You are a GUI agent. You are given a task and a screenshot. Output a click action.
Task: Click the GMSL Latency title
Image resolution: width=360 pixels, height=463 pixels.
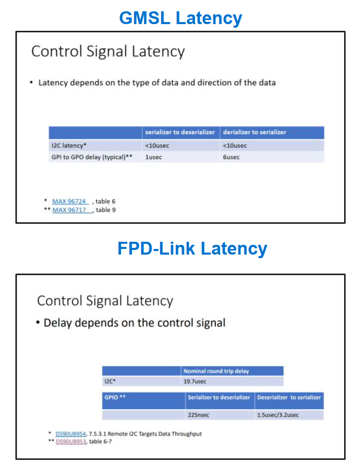click(x=181, y=18)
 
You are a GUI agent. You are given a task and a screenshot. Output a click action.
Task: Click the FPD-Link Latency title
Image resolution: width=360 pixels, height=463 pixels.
click(x=192, y=248)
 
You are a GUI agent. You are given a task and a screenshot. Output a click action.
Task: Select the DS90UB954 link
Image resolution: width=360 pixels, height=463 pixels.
click(x=71, y=434)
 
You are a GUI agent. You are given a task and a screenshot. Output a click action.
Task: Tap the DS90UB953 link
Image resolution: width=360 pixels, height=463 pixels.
click(x=71, y=441)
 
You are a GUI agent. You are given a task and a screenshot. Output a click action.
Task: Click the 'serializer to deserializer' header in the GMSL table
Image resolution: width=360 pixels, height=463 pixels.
click(x=180, y=132)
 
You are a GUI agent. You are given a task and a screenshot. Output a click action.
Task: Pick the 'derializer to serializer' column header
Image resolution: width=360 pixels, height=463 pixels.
click(x=254, y=132)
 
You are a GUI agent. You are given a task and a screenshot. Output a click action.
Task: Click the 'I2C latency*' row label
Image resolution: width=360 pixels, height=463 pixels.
click(x=69, y=145)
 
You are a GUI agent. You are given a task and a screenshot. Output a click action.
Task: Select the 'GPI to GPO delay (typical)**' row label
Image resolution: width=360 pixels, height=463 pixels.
click(x=92, y=157)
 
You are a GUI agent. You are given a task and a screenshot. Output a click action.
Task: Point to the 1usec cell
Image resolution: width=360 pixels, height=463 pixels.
click(x=153, y=157)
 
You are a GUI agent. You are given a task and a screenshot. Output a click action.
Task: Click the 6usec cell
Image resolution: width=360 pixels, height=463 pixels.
click(x=231, y=157)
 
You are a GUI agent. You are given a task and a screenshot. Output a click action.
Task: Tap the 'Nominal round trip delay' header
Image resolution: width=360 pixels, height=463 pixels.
click(x=216, y=371)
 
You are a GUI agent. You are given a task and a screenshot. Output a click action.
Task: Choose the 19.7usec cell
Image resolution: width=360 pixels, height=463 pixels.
click(x=195, y=381)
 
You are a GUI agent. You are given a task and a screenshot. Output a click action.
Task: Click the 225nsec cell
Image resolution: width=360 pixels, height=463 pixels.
click(x=198, y=415)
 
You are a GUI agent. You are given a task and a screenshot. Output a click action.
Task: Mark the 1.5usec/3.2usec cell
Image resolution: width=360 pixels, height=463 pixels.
click(x=277, y=415)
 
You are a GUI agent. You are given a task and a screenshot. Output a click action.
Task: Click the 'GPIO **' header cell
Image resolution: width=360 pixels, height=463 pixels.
click(x=115, y=397)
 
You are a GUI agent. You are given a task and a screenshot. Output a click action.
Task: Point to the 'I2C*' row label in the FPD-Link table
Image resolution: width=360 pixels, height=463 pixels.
click(x=110, y=381)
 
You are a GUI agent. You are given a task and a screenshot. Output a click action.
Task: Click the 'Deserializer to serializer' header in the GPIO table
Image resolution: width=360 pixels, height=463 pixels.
click(x=289, y=397)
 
